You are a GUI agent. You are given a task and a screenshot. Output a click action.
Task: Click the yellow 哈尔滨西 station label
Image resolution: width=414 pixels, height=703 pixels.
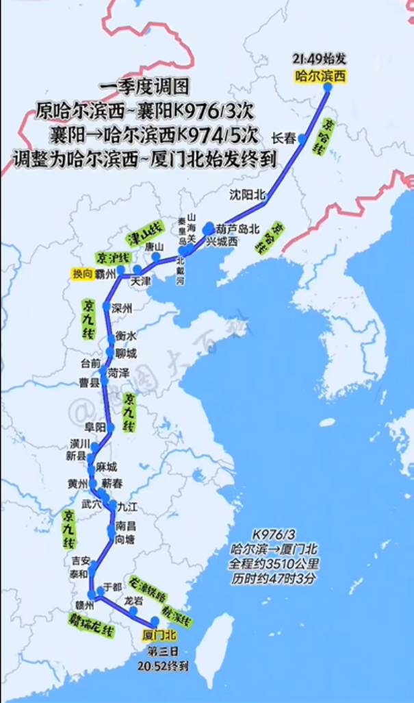pos(320,76)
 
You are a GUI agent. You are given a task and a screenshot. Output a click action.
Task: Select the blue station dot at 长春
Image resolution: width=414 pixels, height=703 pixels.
pos(302,138)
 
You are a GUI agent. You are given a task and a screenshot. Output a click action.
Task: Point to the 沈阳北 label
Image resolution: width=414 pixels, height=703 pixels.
pos(247,195)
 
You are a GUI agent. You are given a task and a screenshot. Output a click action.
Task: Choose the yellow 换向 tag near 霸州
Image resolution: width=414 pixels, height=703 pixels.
pos(81,273)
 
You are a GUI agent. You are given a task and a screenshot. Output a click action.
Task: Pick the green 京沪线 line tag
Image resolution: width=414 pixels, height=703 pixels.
pos(113,257)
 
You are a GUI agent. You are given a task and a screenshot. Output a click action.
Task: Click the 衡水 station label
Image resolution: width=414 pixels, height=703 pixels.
pos(126,336)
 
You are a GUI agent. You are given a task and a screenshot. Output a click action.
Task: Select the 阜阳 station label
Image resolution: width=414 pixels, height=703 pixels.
pos(95,427)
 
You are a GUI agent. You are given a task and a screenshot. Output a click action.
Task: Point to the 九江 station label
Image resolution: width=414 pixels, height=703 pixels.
pos(128,506)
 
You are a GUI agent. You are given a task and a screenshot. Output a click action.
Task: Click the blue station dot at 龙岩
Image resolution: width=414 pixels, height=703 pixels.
pos(133,610)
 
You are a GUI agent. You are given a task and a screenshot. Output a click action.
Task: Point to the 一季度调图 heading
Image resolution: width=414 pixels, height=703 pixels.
pos(144,88)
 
